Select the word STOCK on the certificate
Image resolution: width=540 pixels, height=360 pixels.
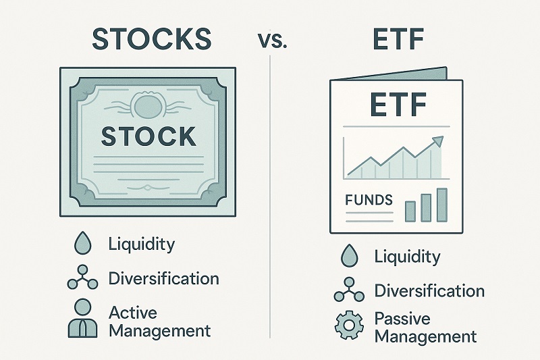click(148, 136)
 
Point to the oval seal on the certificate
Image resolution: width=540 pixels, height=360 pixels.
click(148, 105)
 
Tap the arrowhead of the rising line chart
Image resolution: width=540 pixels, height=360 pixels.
click(438, 141)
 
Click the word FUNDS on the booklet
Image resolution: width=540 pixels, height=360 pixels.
click(369, 201)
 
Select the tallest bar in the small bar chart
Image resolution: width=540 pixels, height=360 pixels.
click(442, 205)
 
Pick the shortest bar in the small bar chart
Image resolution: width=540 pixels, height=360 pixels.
click(410, 211)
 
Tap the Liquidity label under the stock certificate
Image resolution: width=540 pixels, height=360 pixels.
click(140, 244)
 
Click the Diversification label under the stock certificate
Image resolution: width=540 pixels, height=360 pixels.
click(163, 278)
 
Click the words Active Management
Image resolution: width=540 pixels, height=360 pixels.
click(159, 322)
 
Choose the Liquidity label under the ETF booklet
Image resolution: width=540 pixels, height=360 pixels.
click(407, 257)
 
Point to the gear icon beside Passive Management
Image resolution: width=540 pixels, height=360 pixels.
click(349, 327)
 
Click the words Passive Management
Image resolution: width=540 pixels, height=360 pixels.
click(425, 327)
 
